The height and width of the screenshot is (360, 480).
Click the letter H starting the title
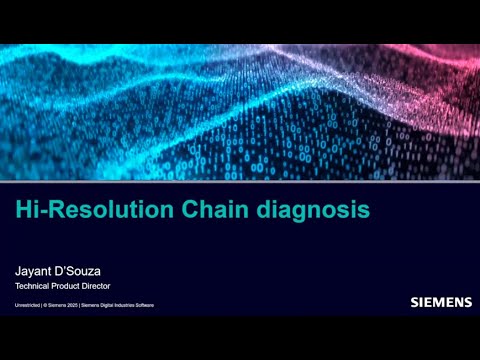(22, 211)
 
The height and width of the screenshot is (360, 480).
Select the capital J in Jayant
(17, 270)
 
